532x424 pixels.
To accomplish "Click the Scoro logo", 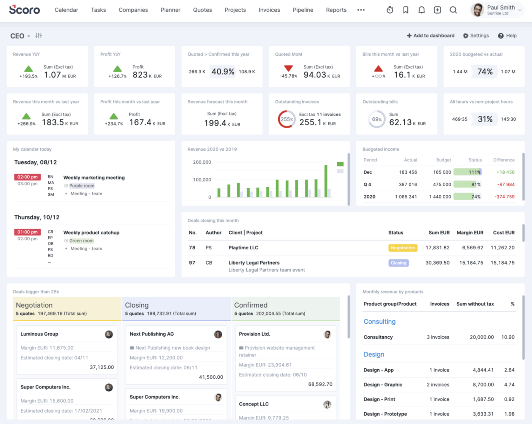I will tap(24, 10).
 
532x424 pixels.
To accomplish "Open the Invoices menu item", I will tap(269, 10).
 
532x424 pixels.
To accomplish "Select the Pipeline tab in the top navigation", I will tap(303, 10).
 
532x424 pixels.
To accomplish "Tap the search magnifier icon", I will tap(453, 10).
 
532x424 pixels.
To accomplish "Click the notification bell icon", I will tap(421, 10).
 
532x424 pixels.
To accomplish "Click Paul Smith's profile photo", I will tap(478, 10).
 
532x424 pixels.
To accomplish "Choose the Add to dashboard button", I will tap(431, 36).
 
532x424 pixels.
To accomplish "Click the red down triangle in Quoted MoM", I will tap(288, 68).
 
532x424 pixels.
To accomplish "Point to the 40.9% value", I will tap(223, 72).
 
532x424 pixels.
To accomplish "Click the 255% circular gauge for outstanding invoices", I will tap(287, 119).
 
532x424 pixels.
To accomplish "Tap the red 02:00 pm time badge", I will tap(27, 177).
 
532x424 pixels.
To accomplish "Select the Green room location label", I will tap(81, 241).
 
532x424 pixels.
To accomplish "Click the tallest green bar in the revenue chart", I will tap(326, 181).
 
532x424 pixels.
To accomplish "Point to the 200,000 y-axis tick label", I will tap(202, 162).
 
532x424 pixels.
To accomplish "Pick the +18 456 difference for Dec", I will tap(505, 172).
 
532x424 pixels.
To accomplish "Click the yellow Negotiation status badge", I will tap(402, 248).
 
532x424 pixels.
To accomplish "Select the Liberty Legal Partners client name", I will tap(254, 263).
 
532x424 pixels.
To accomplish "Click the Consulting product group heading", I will tap(379, 322).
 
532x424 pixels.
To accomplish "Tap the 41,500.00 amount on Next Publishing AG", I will tap(211, 377).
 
